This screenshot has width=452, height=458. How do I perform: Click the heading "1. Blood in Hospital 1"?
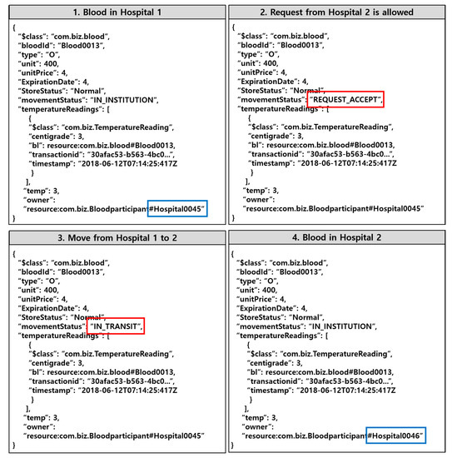coord(114,12)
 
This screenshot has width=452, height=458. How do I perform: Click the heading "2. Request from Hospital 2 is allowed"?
coord(339,12)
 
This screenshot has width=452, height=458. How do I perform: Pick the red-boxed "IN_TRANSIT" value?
coord(116,327)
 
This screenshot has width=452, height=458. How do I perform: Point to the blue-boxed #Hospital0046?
coord(396,436)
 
